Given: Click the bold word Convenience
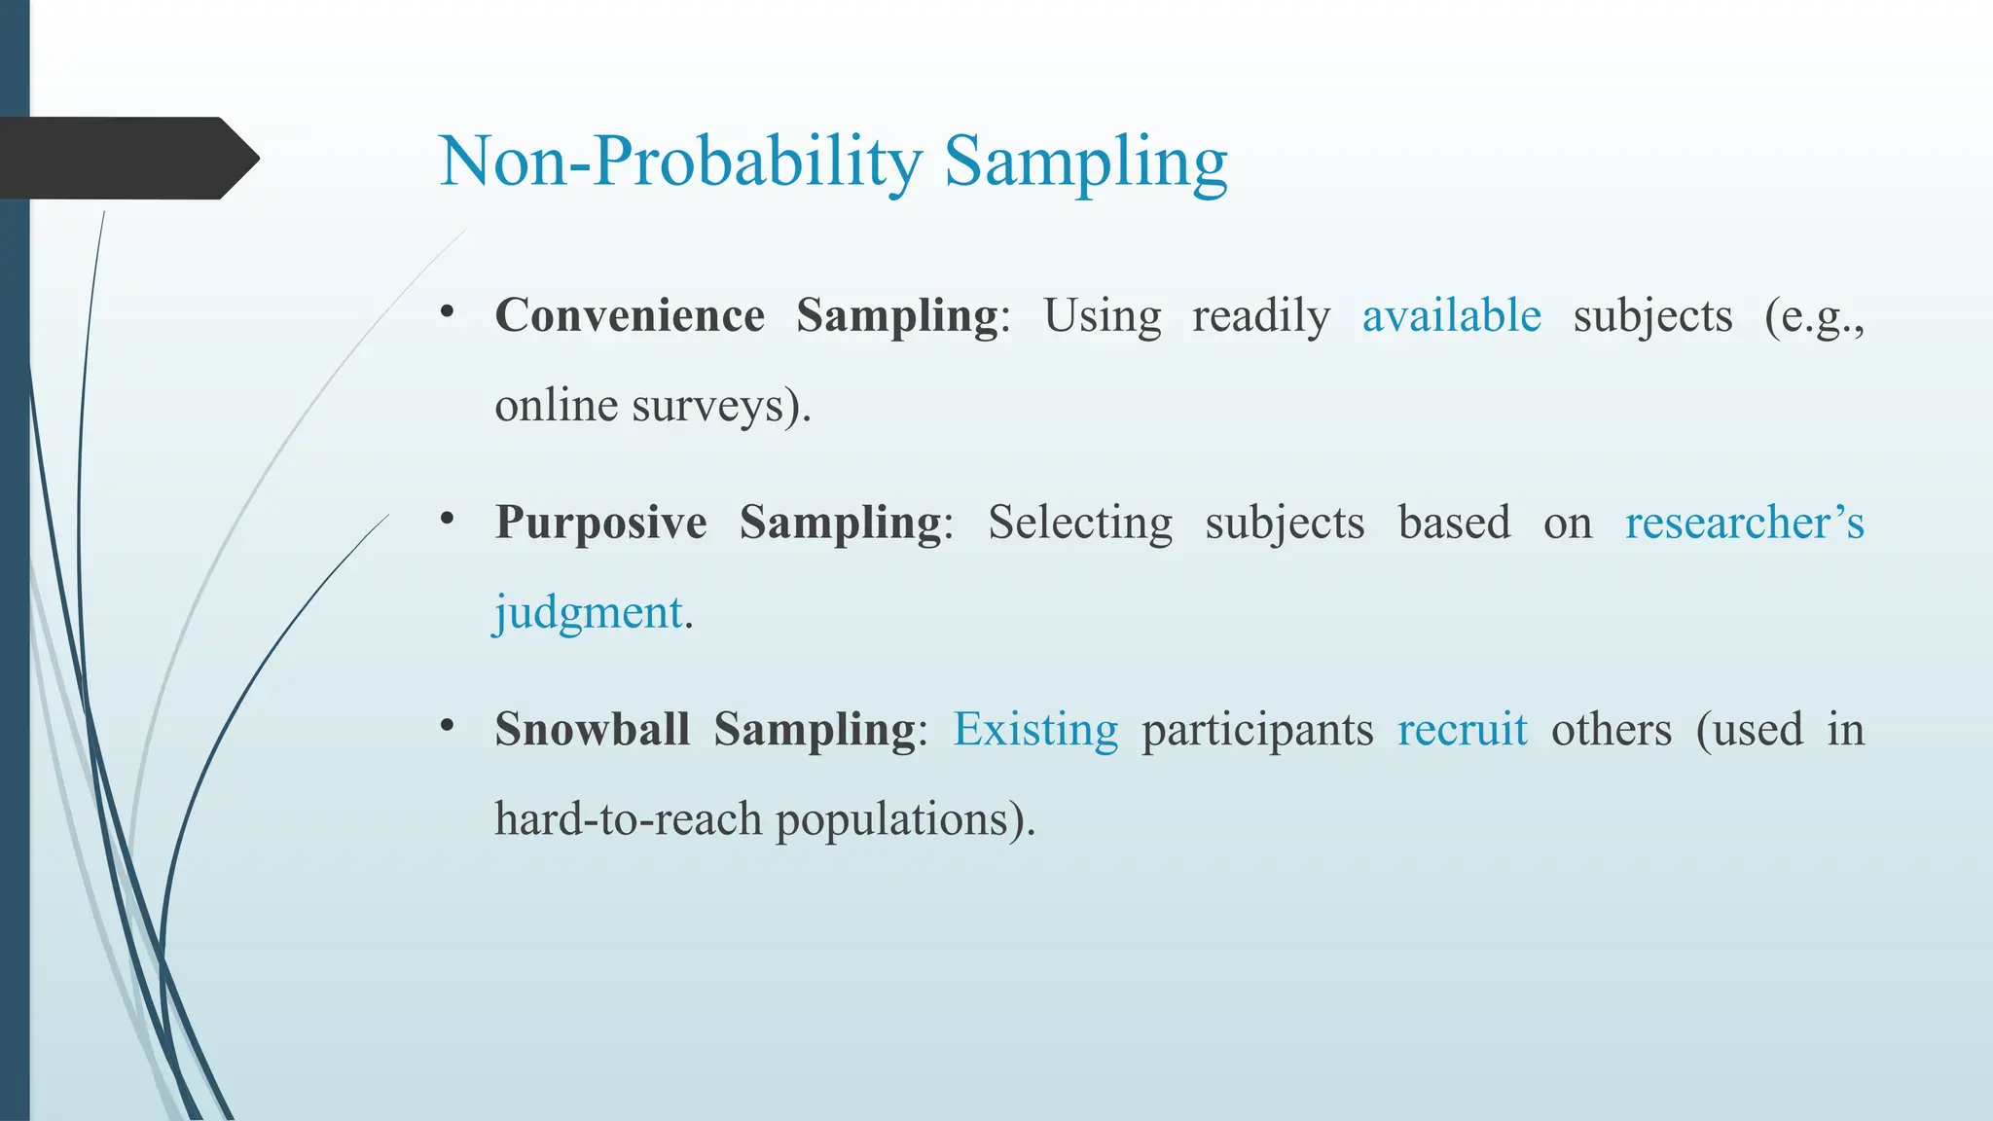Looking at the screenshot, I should click(x=630, y=315).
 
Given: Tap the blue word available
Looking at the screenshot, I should click(x=1451, y=315).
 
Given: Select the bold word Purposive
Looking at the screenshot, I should click(x=600, y=523).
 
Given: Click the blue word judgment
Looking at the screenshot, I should click(x=588, y=613).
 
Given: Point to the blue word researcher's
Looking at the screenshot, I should click(x=1744, y=523).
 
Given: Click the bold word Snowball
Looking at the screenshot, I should click(x=592, y=729).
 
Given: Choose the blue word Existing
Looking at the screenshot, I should click(x=1035, y=729).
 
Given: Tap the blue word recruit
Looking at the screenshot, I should click(x=1462, y=729).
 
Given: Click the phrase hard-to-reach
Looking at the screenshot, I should click(x=628, y=818).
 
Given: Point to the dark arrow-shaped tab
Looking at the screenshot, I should click(x=127, y=158).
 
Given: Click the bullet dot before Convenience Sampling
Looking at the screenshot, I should click(x=447, y=312).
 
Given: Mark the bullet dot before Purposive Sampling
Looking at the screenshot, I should click(x=447, y=519).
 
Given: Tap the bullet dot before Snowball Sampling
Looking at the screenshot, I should click(x=447, y=726).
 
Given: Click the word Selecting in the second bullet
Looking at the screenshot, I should click(x=1080, y=523).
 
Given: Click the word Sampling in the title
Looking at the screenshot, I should click(x=1085, y=161).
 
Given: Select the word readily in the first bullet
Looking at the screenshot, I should click(x=1261, y=315).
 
